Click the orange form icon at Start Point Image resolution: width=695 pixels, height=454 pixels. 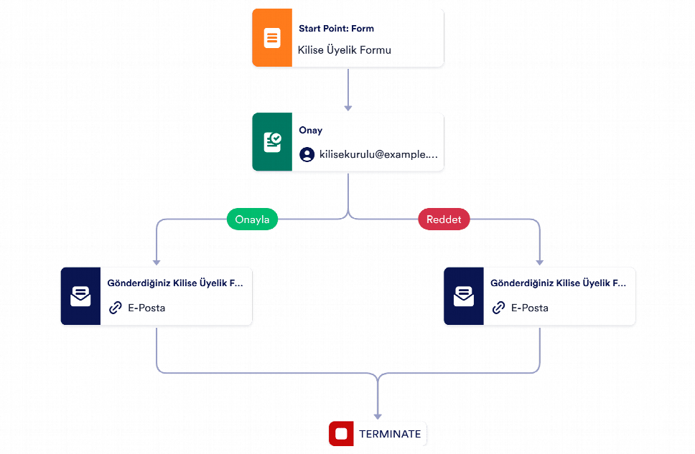[x=272, y=37]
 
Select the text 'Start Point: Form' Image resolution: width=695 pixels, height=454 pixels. [x=337, y=29]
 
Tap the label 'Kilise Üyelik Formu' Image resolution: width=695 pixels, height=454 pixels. [x=345, y=50]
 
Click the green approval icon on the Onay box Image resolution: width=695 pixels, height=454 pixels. [x=272, y=142]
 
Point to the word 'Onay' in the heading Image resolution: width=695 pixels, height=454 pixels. [x=311, y=131]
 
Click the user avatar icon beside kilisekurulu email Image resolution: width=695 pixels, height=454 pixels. [x=307, y=155]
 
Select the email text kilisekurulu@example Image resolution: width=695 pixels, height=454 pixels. [x=378, y=154]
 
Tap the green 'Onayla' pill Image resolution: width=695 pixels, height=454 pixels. [x=252, y=219]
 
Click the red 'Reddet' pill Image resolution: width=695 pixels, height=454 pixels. [x=444, y=219]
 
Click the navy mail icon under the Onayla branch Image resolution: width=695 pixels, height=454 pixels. [x=80, y=296]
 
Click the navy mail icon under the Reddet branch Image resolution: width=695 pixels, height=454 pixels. [x=464, y=296]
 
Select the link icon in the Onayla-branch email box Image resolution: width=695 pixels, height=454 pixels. [x=116, y=308]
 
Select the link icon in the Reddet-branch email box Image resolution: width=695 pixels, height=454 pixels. [x=499, y=308]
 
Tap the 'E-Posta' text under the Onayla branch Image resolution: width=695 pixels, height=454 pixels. [x=146, y=308]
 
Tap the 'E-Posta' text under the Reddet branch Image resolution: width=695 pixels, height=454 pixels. [x=530, y=308]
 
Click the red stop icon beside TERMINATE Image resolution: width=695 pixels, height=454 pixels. [x=341, y=434]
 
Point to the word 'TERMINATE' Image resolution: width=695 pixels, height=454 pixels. [x=390, y=434]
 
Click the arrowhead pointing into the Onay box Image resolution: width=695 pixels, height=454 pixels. [x=348, y=108]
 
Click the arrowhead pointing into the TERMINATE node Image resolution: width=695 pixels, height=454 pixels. [x=378, y=417]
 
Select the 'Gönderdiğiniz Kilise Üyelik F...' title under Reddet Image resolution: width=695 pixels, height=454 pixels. [x=558, y=283]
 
